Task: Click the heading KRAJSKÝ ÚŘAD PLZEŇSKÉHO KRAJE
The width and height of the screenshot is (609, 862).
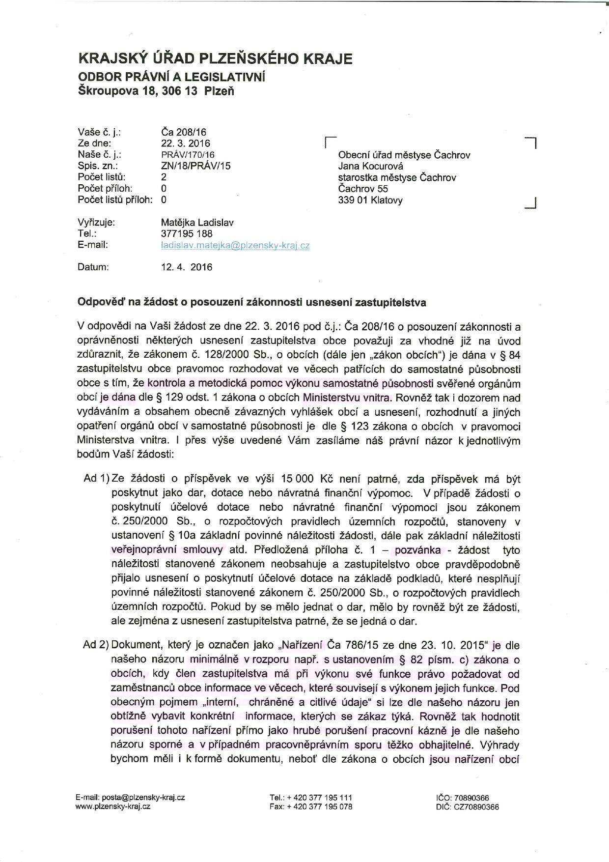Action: (x=215, y=59)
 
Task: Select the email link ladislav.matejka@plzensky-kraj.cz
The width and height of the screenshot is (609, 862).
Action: (x=235, y=245)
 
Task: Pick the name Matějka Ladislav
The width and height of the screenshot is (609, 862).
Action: (x=197, y=223)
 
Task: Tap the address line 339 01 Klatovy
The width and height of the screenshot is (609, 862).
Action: (x=370, y=200)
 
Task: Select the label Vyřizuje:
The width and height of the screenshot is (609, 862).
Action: (x=96, y=223)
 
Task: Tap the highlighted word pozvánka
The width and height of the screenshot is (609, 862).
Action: (x=418, y=550)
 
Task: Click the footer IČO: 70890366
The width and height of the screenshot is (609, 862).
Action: (x=462, y=798)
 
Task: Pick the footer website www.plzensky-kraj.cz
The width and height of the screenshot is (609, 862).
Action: (x=112, y=806)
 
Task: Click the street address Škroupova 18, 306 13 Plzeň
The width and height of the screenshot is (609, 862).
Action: (x=156, y=91)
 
